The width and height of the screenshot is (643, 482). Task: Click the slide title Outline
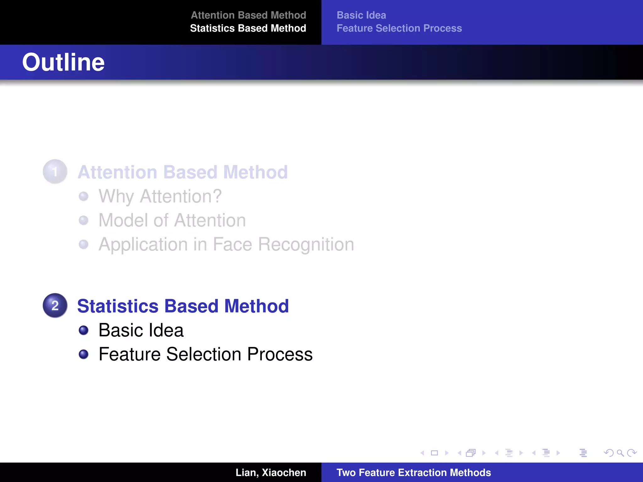point(63,62)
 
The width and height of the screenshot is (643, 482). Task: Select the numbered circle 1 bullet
point(55,172)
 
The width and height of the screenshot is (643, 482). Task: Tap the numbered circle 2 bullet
point(55,305)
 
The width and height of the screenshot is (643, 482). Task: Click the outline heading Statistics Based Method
point(183,306)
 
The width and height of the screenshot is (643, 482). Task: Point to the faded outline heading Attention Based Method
point(182,172)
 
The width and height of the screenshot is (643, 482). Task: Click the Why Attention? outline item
point(160,196)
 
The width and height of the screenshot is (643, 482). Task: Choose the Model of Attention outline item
point(172,220)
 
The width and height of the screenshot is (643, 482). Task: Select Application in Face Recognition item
point(226,244)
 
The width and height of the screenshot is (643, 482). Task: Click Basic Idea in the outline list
point(141,330)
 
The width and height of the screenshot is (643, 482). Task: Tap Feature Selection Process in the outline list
point(205,354)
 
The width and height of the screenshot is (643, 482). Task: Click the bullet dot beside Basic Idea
point(84,330)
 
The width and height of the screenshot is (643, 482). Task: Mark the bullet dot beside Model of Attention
point(84,220)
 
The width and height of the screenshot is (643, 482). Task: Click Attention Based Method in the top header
point(248,15)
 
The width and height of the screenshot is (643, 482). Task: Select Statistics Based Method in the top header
point(248,28)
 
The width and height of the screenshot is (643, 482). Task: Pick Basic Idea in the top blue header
point(361,15)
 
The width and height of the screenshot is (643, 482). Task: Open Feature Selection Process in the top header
point(399,28)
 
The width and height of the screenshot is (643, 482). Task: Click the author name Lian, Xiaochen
point(271,473)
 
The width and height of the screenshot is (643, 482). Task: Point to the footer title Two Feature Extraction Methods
point(413,473)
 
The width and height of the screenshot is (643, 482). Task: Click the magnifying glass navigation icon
point(620,453)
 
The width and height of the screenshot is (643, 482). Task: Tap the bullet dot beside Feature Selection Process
point(84,354)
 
